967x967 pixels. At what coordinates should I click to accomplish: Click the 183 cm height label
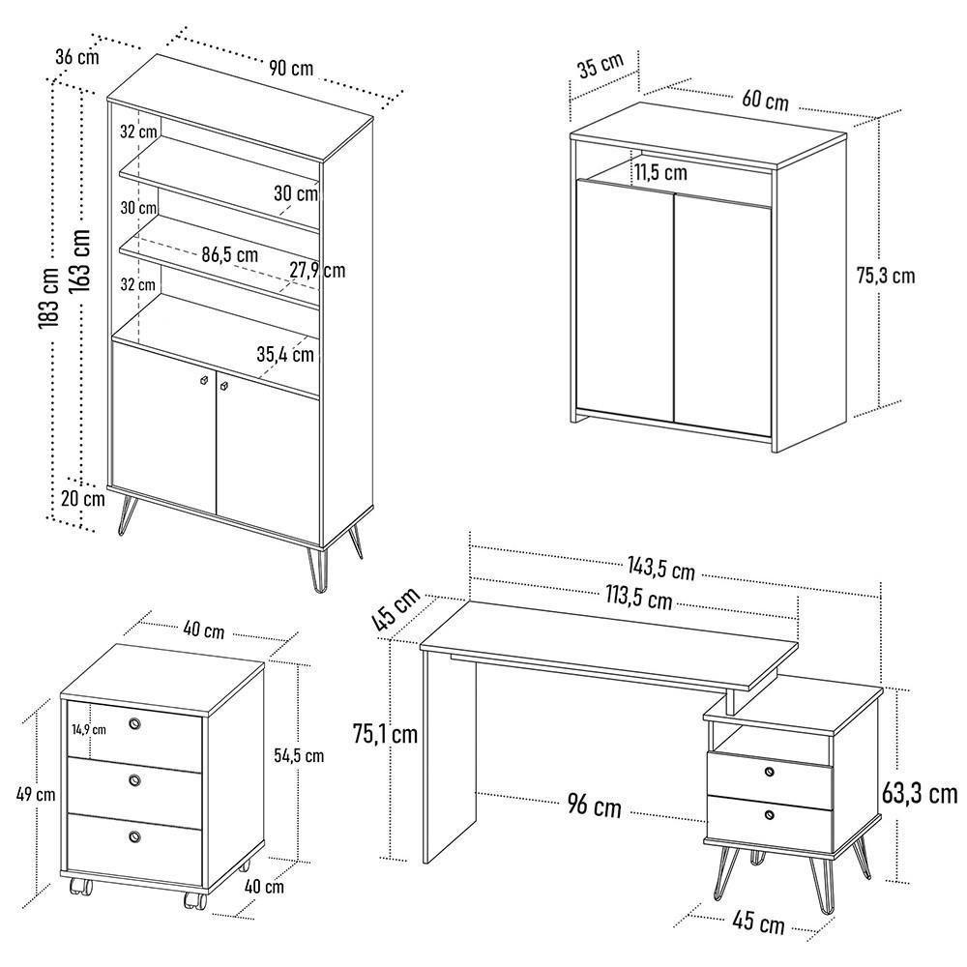click(49, 295)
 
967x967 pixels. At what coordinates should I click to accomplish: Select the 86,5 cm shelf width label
click(229, 255)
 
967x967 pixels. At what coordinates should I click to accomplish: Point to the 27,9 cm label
click(316, 270)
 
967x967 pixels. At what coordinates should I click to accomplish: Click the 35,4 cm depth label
click(285, 354)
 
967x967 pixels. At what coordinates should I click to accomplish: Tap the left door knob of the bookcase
click(203, 382)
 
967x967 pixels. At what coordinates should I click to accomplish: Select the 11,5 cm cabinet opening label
click(661, 173)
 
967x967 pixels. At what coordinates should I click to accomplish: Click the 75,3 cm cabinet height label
click(885, 276)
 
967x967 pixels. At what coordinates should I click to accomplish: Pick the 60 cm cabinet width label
click(765, 100)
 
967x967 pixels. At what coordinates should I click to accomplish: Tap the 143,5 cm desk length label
click(659, 571)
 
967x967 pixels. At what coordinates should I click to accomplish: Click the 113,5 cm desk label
click(638, 600)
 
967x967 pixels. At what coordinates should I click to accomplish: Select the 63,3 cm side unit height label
click(920, 795)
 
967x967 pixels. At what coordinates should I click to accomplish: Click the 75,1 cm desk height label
click(385, 734)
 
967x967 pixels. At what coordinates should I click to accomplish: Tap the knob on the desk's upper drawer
click(770, 771)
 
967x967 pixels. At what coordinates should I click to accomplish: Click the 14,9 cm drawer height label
click(88, 729)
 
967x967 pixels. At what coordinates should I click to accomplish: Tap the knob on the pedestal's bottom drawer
click(134, 836)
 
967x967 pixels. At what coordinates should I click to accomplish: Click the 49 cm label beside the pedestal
click(36, 795)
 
